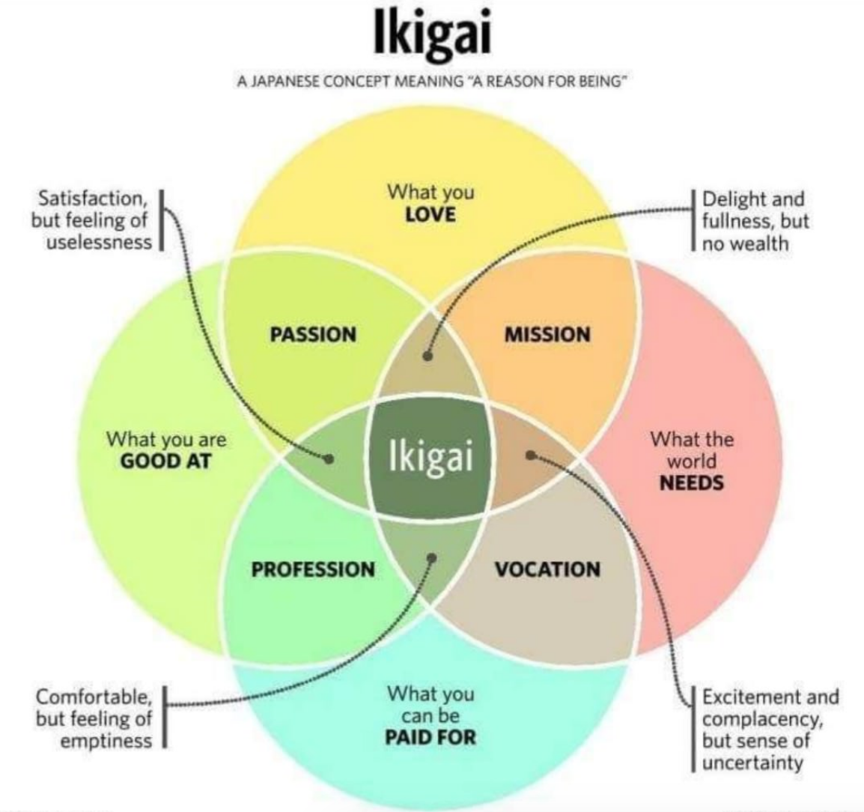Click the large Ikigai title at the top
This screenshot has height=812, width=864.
click(431, 33)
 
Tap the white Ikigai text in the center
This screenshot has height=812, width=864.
click(431, 456)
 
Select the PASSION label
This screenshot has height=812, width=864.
click(313, 334)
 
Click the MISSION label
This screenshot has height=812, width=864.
click(548, 334)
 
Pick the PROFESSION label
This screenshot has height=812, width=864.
click(313, 569)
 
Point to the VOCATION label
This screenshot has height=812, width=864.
click(548, 569)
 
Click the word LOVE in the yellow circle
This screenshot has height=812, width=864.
click(431, 214)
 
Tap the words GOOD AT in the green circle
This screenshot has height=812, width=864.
click(166, 461)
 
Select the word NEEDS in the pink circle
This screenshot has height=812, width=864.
click(692, 483)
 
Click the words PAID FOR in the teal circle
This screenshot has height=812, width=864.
click(431, 737)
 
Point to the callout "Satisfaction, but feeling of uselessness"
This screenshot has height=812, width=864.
click(91, 220)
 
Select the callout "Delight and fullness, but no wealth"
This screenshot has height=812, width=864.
click(755, 221)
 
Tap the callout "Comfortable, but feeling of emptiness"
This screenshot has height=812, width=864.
click(94, 718)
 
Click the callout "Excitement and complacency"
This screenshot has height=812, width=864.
click(770, 708)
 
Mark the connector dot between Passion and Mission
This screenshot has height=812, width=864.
click(428, 356)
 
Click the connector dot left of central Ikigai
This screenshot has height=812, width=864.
click(329, 458)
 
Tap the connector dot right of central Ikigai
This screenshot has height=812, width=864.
click(531, 455)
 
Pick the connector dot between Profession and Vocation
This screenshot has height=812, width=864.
click(432, 558)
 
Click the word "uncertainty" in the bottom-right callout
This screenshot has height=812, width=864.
click(752, 763)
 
